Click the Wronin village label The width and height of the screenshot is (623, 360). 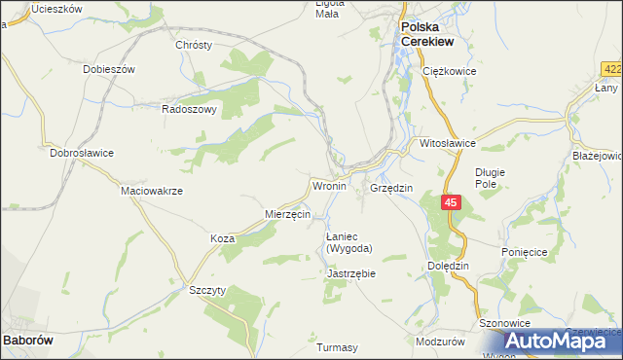pyautogui.click(x=329, y=185)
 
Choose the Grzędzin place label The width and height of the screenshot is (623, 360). pyautogui.click(x=392, y=187)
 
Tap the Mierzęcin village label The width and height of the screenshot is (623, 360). pyautogui.click(x=287, y=213)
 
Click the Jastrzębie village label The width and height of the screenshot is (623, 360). pyautogui.click(x=351, y=273)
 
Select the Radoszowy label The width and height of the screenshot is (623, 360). pyautogui.click(x=189, y=110)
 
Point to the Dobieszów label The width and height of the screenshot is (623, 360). pyautogui.click(x=109, y=70)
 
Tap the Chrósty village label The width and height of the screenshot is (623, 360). pyautogui.click(x=193, y=45)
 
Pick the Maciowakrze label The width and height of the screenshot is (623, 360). pyautogui.click(x=151, y=191)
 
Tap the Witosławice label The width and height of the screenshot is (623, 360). pyautogui.click(x=447, y=142)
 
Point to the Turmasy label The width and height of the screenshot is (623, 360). pyautogui.click(x=338, y=347)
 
